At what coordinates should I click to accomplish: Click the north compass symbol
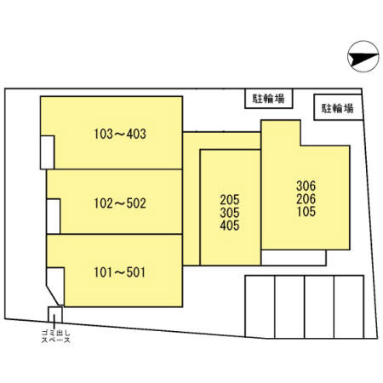pos(363,56)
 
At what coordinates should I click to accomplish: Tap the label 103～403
pos(120,134)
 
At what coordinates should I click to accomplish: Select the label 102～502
pos(120,203)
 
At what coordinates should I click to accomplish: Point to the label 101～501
pos(119,272)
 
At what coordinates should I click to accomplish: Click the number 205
pos(230,200)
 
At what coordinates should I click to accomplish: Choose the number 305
pos(230,213)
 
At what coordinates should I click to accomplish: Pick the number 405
pos(230,226)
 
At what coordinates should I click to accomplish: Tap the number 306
pos(306,186)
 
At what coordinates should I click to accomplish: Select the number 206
pos(306,198)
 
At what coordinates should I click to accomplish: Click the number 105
pos(306,211)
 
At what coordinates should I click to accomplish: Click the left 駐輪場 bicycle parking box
pos(269,99)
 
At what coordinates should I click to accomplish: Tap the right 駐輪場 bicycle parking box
pos(338,107)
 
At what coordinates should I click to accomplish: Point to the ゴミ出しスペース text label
pos(55,336)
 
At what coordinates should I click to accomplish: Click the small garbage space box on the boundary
pos(55,314)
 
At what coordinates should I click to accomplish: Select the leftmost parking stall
pos(260,306)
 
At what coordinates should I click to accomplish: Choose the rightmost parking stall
pos(349,306)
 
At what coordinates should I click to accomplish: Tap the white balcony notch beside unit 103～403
pos(47,152)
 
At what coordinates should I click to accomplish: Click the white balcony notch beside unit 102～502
pos(54,216)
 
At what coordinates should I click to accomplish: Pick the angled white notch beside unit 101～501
pos(55,285)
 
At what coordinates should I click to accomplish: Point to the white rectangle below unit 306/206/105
pos(294,258)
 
